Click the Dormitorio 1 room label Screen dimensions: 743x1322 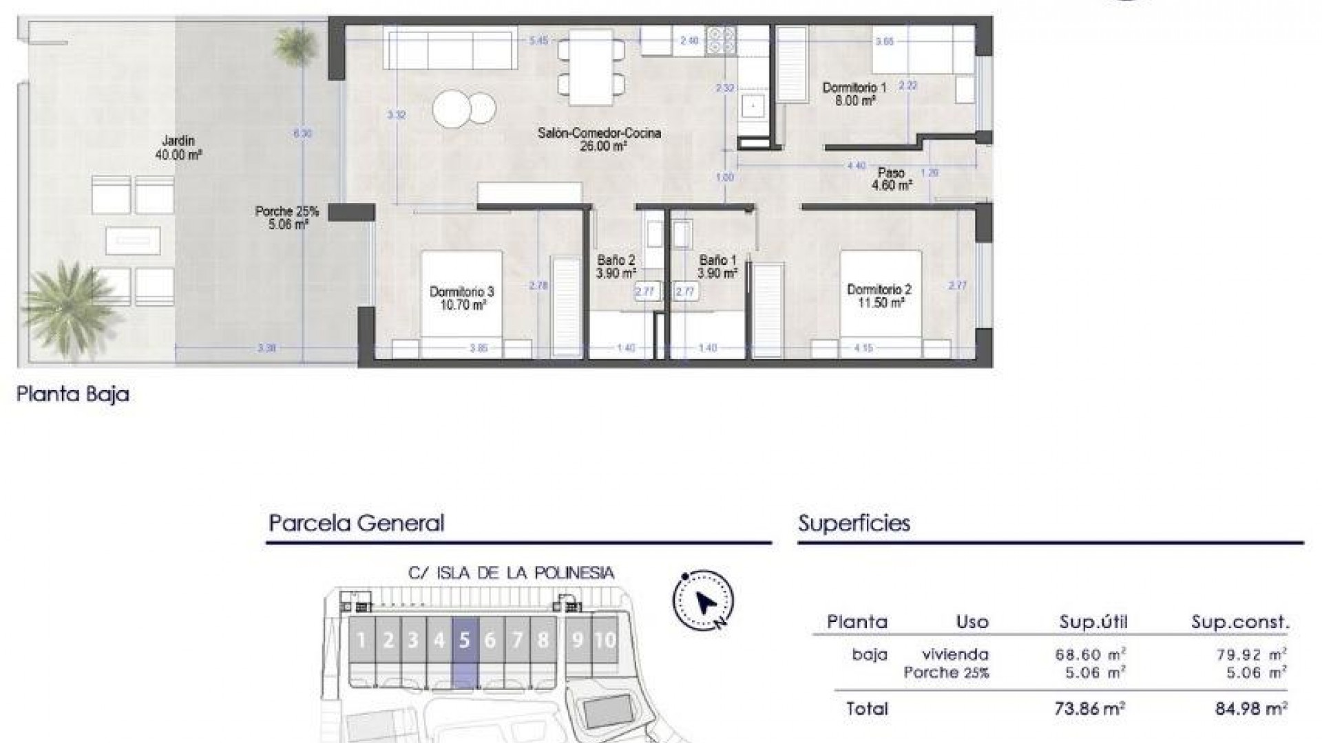tap(854, 94)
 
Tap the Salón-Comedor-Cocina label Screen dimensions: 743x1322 tap(599, 139)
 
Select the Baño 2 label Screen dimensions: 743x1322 tap(616, 266)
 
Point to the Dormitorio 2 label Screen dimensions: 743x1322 tap(879, 296)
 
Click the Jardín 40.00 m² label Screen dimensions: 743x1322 tap(178, 148)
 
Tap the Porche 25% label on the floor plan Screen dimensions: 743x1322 tap(286, 217)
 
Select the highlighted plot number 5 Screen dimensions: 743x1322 tap(464, 640)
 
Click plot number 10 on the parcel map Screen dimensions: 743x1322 tap(605, 640)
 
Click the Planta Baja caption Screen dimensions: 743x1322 tap(73, 394)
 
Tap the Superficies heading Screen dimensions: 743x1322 tap(854, 524)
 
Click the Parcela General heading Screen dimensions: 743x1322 tap(356, 524)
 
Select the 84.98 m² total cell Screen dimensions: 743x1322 tap(1251, 709)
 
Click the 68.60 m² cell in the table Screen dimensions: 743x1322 tap(1091, 655)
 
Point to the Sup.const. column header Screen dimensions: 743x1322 tap(1240, 623)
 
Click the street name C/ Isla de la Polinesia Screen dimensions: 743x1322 tap(511, 573)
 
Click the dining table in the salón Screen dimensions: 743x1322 tap(591, 67)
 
